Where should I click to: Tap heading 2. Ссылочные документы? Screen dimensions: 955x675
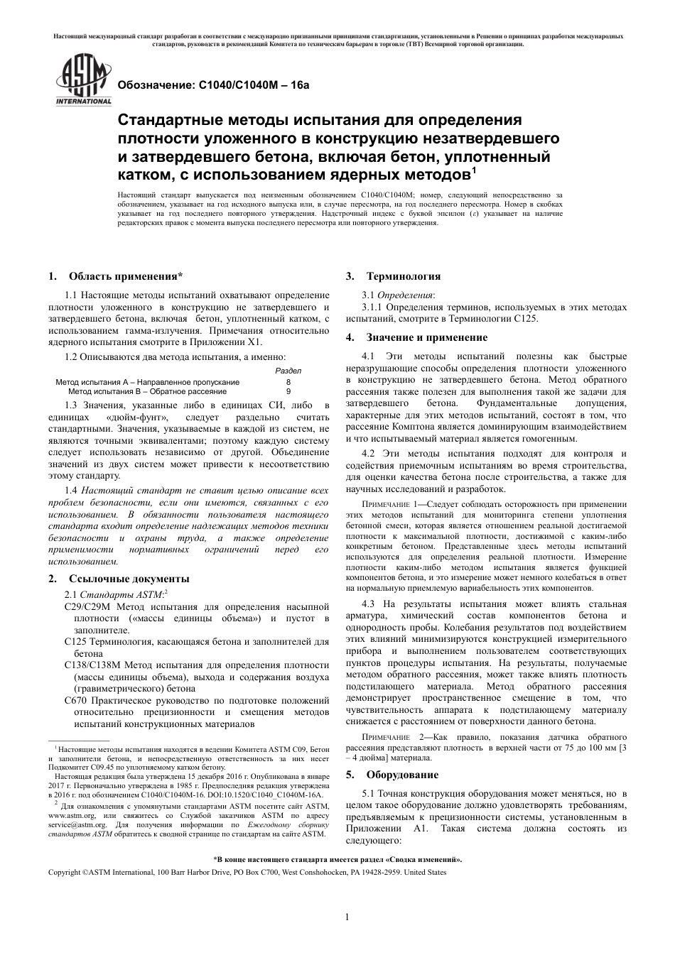click(118, 579)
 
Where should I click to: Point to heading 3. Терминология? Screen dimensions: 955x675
click(393, 276)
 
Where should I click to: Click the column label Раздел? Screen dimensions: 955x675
click(288, 371)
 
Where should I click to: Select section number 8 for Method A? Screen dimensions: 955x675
click(288, 382)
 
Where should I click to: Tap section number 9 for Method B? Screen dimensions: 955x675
click(288, 391)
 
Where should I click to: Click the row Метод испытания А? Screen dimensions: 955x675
click(148, 382)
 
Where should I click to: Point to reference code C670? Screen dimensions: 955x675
click(76, 700)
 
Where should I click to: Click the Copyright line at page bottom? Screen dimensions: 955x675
click(247, 872)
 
